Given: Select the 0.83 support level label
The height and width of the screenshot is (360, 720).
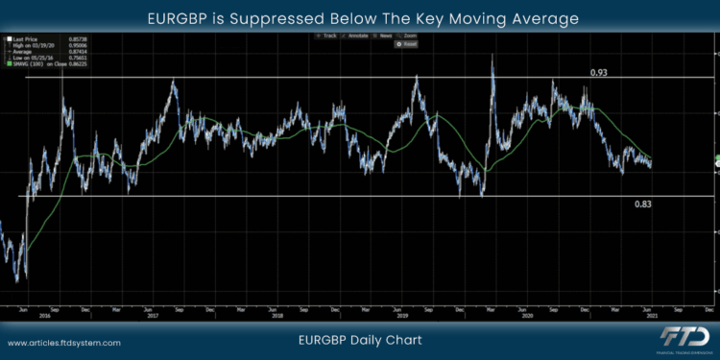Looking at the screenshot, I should [x=644, y=204].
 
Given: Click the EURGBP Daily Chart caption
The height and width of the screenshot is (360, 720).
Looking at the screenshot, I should [x=360, y=340].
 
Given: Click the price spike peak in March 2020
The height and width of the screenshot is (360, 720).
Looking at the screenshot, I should [x=492, y=56].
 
